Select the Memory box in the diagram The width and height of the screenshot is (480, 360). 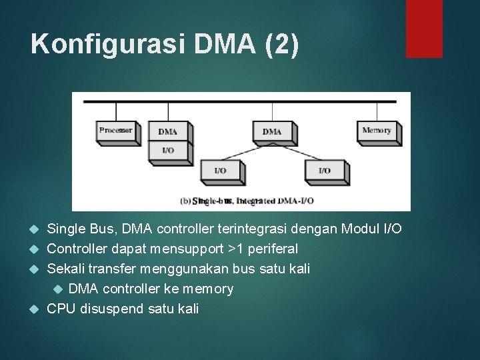point(377,131)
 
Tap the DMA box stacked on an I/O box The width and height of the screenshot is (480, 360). point(167,132)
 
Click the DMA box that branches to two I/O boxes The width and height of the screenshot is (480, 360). point(271,132)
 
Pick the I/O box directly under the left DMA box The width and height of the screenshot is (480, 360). point(167,151)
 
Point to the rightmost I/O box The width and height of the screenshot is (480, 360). point(324,171)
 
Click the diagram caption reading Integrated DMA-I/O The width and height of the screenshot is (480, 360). point(247,200)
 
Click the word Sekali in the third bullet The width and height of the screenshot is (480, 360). point(65,269)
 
